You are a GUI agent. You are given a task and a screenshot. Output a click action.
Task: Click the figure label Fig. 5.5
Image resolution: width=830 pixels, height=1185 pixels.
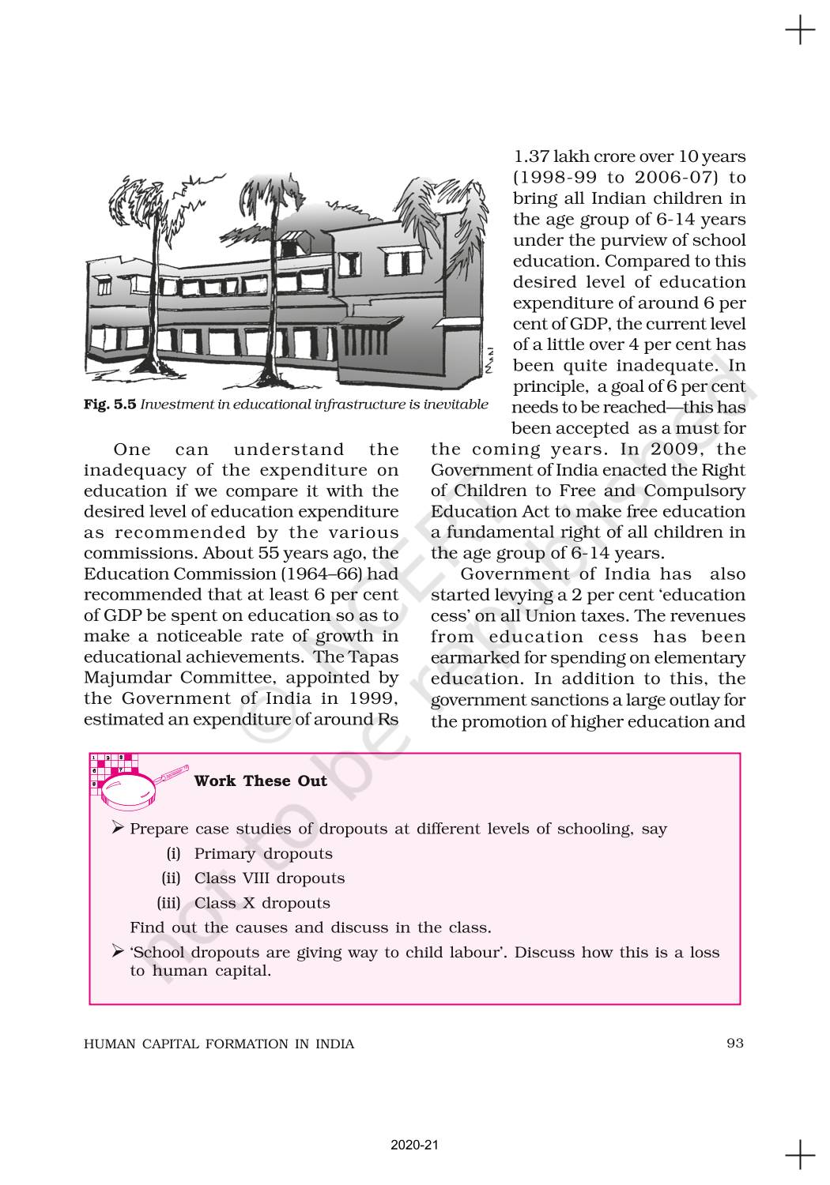point(110,404)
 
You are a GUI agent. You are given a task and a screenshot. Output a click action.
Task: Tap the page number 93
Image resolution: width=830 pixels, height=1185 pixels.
point(735,1043)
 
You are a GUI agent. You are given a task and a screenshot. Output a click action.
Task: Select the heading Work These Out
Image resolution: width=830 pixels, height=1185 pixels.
point(260,781)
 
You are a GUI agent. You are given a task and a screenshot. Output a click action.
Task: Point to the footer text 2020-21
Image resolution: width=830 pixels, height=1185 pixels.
point(414,1145)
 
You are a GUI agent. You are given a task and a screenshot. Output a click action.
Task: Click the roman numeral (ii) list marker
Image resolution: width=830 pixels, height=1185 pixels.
point(171,878)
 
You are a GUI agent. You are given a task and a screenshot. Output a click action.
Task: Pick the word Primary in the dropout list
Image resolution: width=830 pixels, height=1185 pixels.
point(224,853)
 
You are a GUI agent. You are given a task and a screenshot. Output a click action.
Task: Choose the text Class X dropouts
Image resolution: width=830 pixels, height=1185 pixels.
point(262,903)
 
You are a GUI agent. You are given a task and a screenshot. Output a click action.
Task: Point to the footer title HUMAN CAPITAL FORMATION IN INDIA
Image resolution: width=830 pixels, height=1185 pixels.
point(219,1044)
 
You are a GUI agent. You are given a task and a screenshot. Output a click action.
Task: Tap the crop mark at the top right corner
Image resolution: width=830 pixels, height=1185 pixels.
point(800,31)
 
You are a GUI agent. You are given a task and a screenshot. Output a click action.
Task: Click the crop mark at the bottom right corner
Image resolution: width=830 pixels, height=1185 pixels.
point(800,1154)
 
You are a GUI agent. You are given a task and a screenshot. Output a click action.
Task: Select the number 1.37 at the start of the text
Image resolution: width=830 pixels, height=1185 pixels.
point(531,156)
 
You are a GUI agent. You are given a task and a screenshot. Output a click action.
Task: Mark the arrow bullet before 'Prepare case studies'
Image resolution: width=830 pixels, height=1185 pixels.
point(118,827)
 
